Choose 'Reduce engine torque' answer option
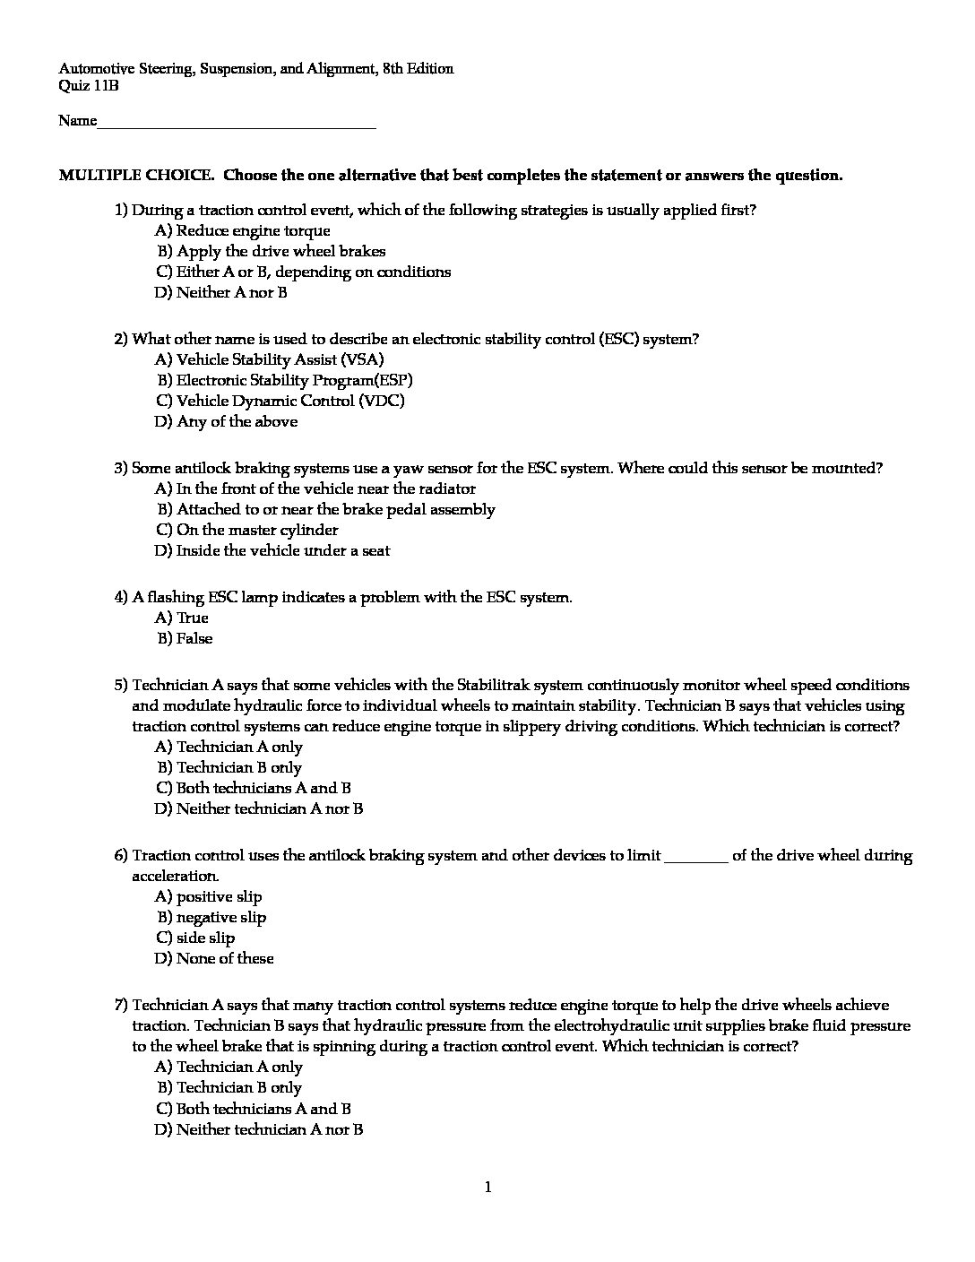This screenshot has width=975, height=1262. pyautogui.click(x=253, y=231)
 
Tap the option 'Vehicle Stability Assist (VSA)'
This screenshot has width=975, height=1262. pyautogui.click(x=280, y=360)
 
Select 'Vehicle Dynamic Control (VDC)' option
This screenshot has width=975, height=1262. pyautogui.click(x=290, y=402)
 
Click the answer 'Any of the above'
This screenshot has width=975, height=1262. pyautogui.click(x=237, y=422)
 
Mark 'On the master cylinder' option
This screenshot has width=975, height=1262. pyautogui.click(x=257, y=531)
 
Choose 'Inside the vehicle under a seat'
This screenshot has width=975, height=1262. pyautogui.click(x=283, y=551)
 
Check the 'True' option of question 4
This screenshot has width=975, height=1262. pyautogui.click(x=192, y=618)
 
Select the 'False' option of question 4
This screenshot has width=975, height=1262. pyautogui.click(x=194, y=639)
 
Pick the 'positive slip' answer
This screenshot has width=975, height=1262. pyautogui.click(x=219, y=897)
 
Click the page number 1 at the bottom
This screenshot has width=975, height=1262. pyautogui.click(x=487, y=1189)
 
